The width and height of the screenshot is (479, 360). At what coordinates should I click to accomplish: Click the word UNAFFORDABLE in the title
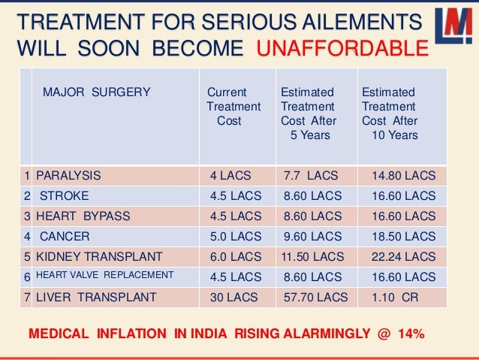tap(342, 50)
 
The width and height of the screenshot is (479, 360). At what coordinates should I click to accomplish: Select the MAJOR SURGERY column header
tap(96, 92)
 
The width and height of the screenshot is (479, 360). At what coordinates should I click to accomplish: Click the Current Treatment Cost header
tap(233, 106)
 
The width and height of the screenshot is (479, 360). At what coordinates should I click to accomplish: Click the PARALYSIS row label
tap(68, 176)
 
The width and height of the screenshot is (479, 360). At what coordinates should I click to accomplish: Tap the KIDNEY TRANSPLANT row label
tap(99, 256)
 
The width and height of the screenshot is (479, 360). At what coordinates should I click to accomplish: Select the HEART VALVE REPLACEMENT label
tap(105, 275)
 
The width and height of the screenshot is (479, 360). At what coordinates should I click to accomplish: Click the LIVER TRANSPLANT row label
tap(96, 297)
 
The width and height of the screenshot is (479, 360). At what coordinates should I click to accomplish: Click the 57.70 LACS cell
tap(315, 297)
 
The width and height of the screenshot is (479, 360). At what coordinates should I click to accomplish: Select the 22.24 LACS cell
tap(403, 256)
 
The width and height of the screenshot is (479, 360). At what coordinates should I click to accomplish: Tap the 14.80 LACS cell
tap(403, 176)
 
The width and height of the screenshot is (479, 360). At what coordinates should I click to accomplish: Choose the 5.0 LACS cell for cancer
tap(236, 236)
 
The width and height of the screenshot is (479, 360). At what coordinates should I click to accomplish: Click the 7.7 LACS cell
tap(311, 176)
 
